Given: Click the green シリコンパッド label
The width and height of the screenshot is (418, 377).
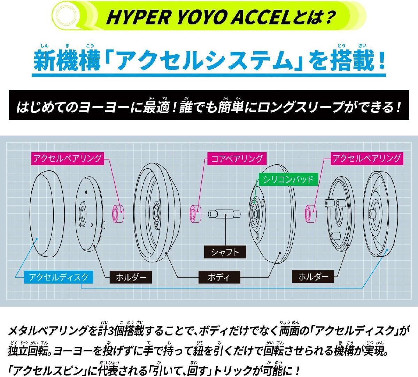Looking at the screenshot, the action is tap(288, 179).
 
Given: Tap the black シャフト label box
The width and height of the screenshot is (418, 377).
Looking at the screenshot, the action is tap(225, 252).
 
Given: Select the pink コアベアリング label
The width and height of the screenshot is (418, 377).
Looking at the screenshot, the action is tap(237, 159).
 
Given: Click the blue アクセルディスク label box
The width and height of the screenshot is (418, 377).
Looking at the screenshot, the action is tap(59, 277).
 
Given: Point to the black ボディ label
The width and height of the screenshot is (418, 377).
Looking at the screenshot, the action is tap(219, 277).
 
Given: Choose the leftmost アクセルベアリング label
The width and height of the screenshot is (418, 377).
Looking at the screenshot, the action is tap(68, 159).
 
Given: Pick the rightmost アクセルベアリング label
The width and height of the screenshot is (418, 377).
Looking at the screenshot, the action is tap(367, 159).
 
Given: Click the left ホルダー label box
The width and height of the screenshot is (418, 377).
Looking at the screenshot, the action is tap(131, 277).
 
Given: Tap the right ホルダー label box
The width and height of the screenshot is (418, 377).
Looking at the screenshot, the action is tap(313, 277).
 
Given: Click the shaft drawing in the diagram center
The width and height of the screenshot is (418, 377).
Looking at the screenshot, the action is tap(224, 214).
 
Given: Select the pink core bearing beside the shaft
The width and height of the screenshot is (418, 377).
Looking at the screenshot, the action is tap(195, 214).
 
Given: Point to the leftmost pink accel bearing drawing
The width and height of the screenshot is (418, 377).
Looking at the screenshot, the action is tap(118, 214).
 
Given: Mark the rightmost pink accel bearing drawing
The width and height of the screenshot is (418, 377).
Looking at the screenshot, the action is tap(310, 214).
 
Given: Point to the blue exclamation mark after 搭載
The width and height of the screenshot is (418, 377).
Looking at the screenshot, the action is tap(382, 61).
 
